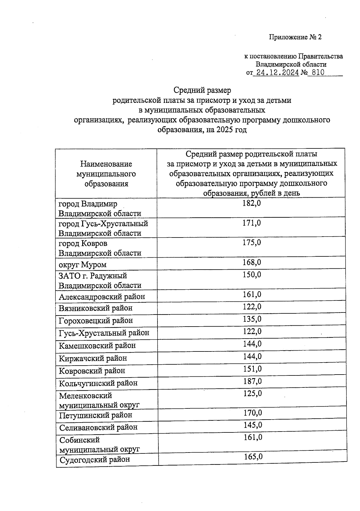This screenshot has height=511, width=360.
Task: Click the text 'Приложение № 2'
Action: pos(295,37)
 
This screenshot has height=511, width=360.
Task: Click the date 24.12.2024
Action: pos(276,73)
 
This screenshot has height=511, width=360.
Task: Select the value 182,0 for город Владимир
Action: pos(252,203)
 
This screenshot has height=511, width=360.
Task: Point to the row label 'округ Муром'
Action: pos(82,265)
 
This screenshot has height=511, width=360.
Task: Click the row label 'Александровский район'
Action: pos(102,297)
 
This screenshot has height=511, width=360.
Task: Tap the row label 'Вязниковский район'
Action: pos(95,308)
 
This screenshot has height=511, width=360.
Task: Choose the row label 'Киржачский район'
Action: pos(93,358)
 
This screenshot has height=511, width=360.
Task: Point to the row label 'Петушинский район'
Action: pos(96,415)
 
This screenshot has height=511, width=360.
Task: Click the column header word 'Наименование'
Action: pos(106,164)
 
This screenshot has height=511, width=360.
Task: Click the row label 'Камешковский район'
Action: pos(97,346)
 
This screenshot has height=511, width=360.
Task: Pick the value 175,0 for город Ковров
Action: pos(252,243)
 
